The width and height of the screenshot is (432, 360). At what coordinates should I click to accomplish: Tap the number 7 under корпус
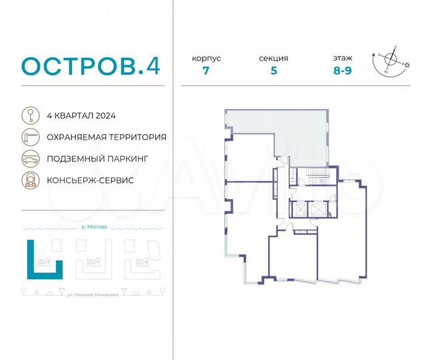pos(206,71)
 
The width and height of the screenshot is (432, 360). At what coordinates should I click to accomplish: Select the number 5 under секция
pos(273,71)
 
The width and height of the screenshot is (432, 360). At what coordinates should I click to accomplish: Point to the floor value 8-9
pos(344,71)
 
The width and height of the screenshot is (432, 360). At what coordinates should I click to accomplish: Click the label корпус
pos(206,59)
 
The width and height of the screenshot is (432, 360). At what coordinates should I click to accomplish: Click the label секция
pos(273,59)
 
